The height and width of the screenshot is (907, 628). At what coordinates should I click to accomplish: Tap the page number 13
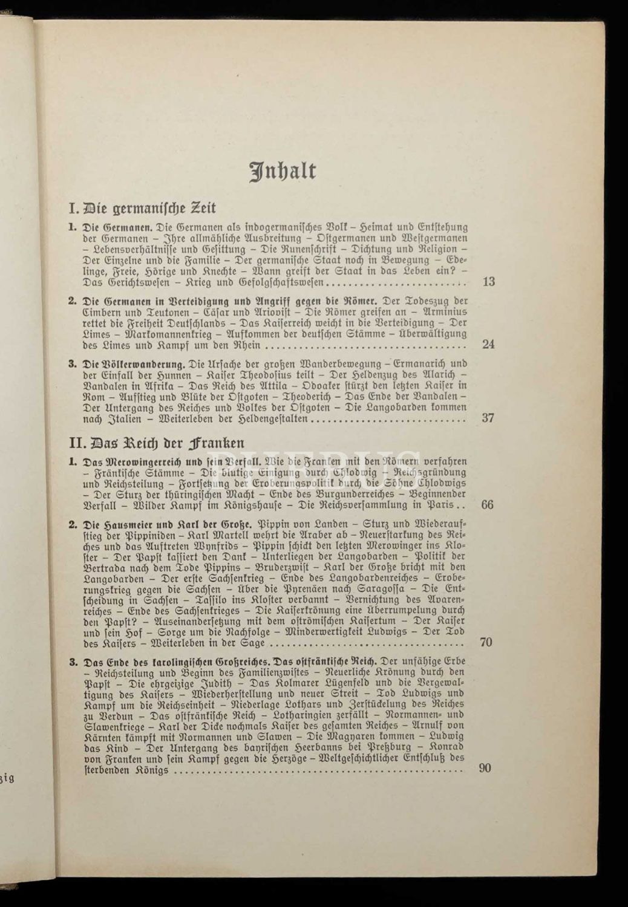click(488, 282)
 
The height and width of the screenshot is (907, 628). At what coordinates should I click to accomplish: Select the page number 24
click(488, 345)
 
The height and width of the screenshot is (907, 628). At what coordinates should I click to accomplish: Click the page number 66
click(487, 504)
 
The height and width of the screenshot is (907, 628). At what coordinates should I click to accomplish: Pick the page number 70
click(486, 642)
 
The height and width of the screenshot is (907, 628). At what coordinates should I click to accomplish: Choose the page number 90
click(486, 769)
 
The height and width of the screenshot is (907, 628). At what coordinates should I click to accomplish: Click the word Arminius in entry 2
click(444, 313)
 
